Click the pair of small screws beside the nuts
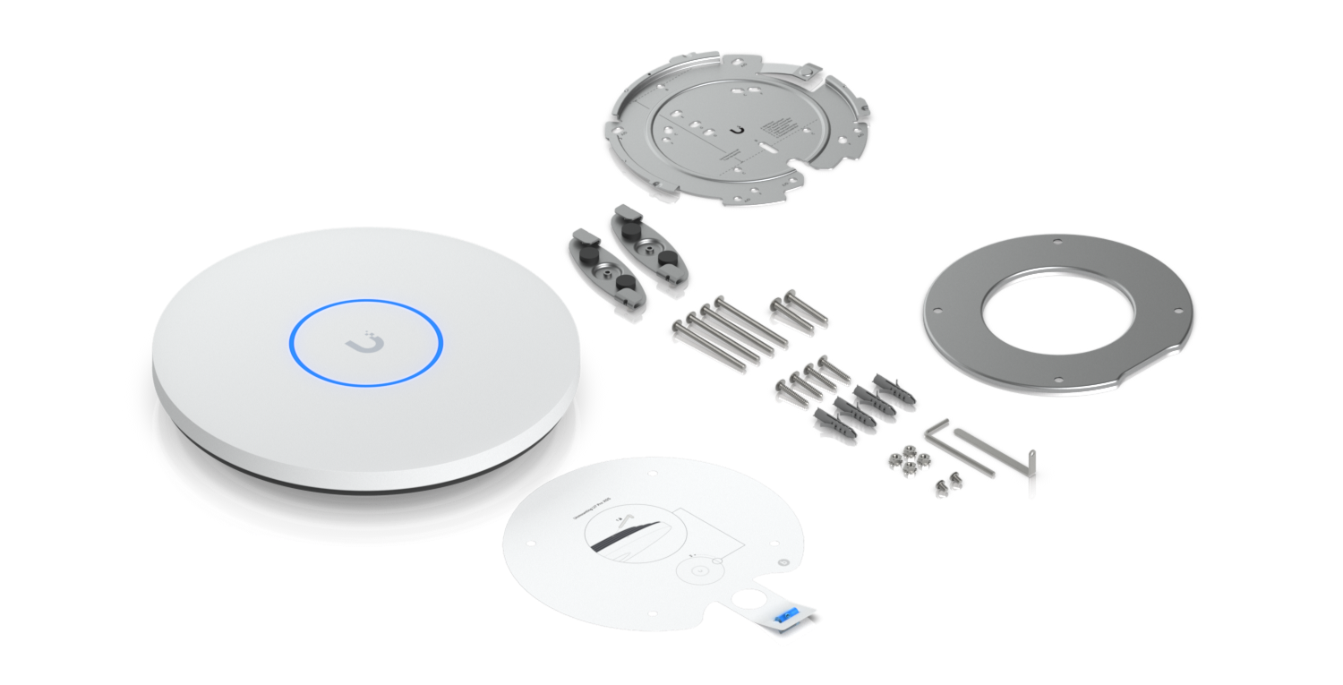coord(945,486)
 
